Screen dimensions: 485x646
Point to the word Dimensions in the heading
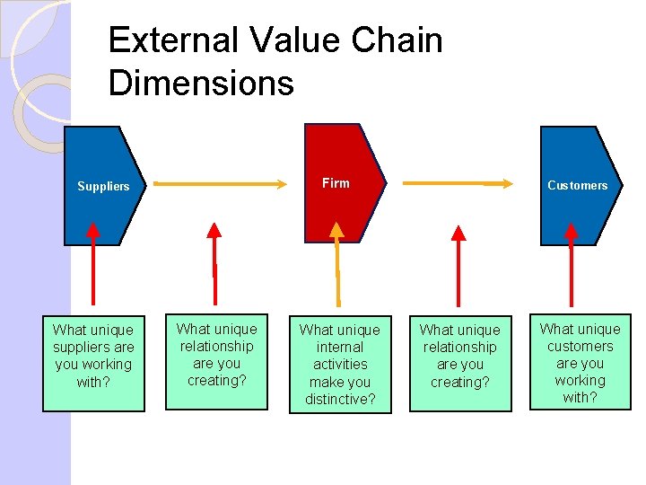(200, 83)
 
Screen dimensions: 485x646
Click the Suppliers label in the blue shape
(103, 187)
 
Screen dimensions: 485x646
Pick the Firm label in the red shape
(336, 183)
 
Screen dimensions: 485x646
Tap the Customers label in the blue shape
(577, 186)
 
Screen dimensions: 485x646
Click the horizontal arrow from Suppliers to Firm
(217, 184)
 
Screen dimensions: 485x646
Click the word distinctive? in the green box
(340, 399)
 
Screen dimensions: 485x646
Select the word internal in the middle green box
(340, 347)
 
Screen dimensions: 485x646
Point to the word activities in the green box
(340, 364)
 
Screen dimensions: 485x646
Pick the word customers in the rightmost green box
(580, 346)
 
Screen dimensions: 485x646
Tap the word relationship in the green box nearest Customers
(460, 347)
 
